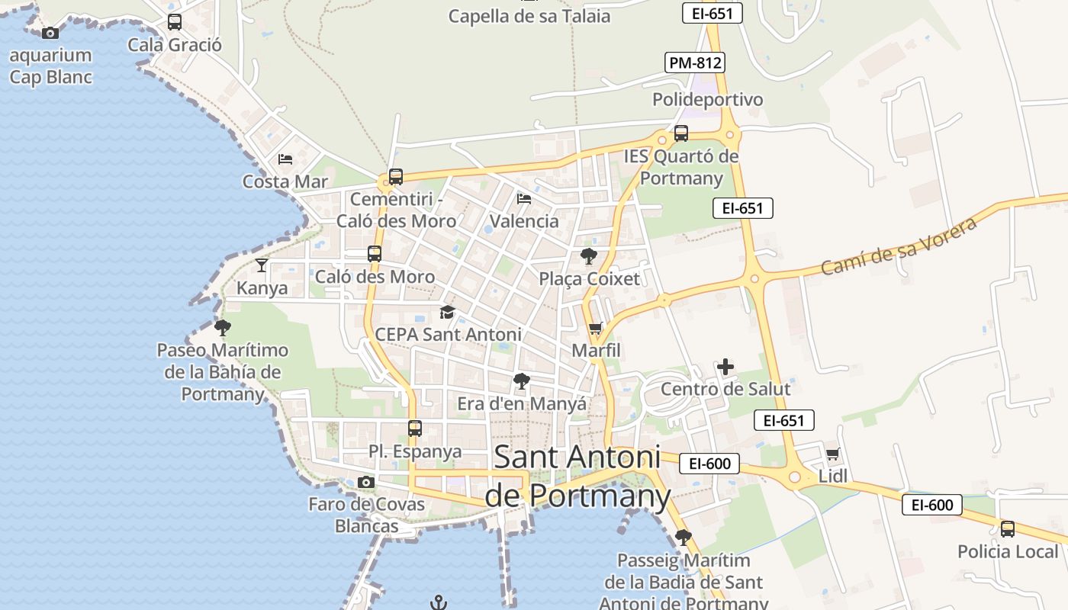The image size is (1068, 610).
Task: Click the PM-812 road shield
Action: pos(694,63)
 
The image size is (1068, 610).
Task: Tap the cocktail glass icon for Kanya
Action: pos(262,265)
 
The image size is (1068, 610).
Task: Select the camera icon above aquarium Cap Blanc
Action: pos(50,33)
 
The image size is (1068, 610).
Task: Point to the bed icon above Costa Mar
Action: pos(285,159)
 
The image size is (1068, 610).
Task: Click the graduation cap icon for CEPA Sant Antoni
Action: pos(447,312)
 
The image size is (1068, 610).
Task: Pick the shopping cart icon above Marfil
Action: pos(596,329)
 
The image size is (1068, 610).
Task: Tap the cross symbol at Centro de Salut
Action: pos(725,368)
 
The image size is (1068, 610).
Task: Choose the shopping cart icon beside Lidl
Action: pos(832,454)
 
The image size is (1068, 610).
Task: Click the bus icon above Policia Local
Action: pos(1008,528)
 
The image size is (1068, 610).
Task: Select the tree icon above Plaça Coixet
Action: pos(588,255)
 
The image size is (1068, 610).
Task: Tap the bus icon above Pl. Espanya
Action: pos(415,429)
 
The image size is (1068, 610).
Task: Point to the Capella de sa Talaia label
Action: pos(529,16)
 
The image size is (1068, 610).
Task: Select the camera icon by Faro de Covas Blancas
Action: pos(366,482)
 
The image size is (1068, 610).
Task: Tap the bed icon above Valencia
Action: pos(524,199)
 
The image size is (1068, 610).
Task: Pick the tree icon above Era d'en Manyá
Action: pos(522,380)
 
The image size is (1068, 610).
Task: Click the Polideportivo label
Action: pos(707,100)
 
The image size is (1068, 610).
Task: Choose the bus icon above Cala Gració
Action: pos(175,22)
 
